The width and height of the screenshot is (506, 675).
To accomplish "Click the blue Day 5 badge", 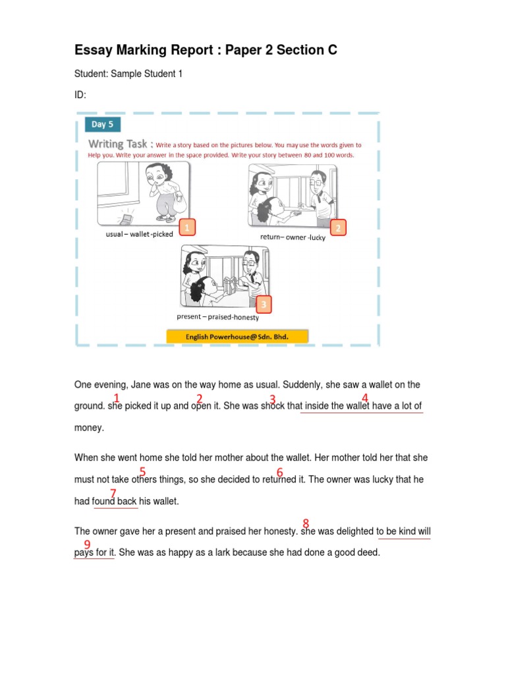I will (x=102, y=124).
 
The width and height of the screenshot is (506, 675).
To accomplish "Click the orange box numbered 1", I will (x=187, y=228).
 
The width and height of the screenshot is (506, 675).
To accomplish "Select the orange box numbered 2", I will (x=338, y=228).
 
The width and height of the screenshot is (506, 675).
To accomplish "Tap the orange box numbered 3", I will (x=264, y=304).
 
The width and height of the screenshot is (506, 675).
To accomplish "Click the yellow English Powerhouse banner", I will (x=237, y=336).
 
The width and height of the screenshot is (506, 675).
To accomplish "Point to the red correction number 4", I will (x=364, y=397).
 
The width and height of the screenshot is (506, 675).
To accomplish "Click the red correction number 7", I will (x=113, y=493).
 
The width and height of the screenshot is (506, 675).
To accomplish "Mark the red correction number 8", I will (x=306, y=523).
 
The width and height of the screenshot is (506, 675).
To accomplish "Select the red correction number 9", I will (x=87, y=544).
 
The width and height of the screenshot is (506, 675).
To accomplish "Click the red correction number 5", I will (x=142, y=471).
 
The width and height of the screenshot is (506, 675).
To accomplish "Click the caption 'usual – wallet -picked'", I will (x=140, y=235).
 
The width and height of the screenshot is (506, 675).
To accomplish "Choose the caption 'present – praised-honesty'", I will (x=218, y=317).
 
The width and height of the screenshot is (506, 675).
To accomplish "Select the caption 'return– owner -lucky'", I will (x=293, y=237).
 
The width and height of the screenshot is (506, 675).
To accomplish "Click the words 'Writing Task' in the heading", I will (x=118, y=144).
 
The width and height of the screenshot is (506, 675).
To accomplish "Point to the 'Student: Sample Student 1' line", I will (x=128, y=74).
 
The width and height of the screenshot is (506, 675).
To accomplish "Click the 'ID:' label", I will (x=80, y=96).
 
